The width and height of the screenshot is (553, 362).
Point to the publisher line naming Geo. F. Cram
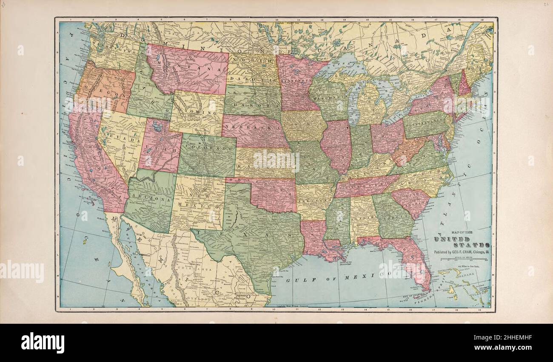point(461,252)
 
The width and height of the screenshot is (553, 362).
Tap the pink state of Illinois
point(335,144)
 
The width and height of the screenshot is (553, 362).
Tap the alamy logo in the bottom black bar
point(43,343)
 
